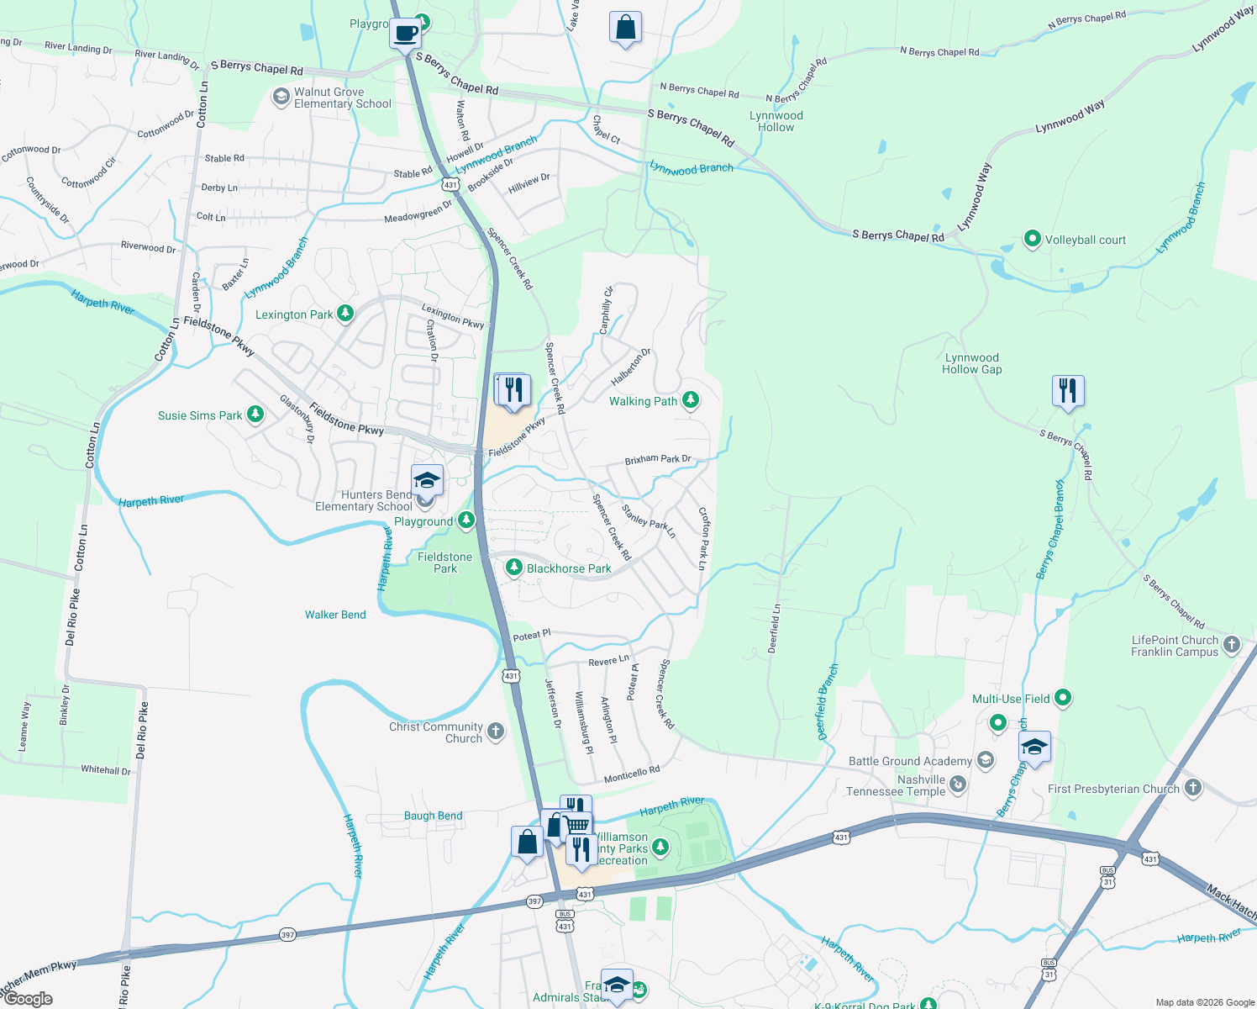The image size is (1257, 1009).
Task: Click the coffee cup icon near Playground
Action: [x=406, y=34]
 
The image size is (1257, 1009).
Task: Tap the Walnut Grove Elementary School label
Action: [x=342, y=98]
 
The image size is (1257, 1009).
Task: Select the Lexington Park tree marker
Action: [x=344, y=314]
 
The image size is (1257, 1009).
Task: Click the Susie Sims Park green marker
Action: [x=255, y=415]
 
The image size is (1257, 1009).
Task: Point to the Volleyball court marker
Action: [x=1033, y=240]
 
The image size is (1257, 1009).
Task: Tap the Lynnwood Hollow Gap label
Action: [x=971, y=363]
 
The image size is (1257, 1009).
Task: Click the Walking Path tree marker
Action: [x=691, y=400]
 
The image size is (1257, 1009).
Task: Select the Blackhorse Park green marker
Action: [x=513, y=568]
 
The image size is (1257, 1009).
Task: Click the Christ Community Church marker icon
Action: [x=496, y=731]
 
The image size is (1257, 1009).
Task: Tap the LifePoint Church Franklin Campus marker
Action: [x=1232, y=645]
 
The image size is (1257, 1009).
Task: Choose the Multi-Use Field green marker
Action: [x=1063, y=698]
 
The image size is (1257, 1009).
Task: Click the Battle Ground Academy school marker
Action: [x=986, y=761]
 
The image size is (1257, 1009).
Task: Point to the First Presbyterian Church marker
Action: [x=1193, y=788]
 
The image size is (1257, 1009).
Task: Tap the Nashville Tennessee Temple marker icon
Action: [x=958, y=785]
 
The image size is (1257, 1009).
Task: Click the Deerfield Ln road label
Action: [x=775, y=628]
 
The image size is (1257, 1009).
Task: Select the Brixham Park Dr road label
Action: [x=657, y=460]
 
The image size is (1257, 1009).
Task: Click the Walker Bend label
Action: [x=335, y=615]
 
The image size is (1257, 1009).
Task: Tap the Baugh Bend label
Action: [x=433, y=816]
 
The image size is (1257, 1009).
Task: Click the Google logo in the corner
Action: [x=28, y=999]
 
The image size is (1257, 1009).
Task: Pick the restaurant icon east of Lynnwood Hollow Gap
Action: [x=1067, y=391]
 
